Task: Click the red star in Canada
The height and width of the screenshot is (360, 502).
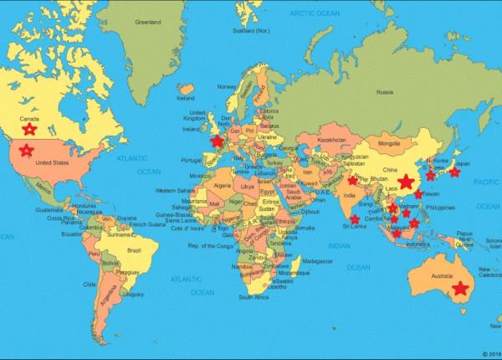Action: coord(29,129)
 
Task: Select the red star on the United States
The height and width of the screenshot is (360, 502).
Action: coord(27,151)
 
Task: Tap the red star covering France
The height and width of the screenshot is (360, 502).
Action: coord(218,142)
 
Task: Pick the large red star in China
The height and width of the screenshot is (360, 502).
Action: coord(407,182)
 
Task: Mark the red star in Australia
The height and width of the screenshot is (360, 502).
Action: coord(458,289)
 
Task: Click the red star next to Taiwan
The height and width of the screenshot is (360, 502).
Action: coord(419,193)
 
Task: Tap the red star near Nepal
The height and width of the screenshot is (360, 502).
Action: coord(352,180)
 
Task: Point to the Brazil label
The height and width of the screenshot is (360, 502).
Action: coord(131,249)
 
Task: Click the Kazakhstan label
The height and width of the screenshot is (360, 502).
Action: coord(333,139)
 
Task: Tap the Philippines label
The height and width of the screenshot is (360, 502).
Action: coord(441,207)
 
